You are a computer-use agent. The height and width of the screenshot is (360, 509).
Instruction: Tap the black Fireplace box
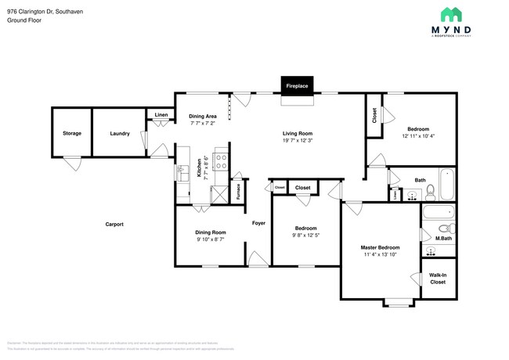(296, 85)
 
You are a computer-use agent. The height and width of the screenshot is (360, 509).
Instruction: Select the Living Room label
(298, 133)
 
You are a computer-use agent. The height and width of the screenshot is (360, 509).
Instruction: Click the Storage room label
(71, 134)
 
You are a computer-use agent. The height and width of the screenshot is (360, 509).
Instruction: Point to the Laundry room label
(119, 134)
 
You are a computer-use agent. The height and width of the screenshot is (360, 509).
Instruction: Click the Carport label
(114, 225)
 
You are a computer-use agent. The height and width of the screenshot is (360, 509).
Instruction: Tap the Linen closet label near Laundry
(161, 115)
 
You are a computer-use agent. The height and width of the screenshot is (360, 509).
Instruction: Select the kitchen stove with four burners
(221, 163)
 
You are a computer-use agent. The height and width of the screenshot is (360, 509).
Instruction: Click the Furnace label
(238, 192)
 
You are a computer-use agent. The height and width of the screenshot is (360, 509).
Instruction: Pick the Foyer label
(258, 223)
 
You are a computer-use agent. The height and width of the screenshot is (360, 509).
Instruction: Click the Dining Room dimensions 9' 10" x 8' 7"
(210, 239)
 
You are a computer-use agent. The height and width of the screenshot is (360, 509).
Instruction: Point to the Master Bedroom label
(380, 247)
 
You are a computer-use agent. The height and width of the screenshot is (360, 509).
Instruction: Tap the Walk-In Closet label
(438, 278)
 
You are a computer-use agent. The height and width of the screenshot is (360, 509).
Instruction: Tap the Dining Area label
(202, 116)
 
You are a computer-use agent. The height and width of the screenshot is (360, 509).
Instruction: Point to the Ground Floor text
(24, 20)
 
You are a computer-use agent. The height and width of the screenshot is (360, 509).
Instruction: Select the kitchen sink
(185, 174)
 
